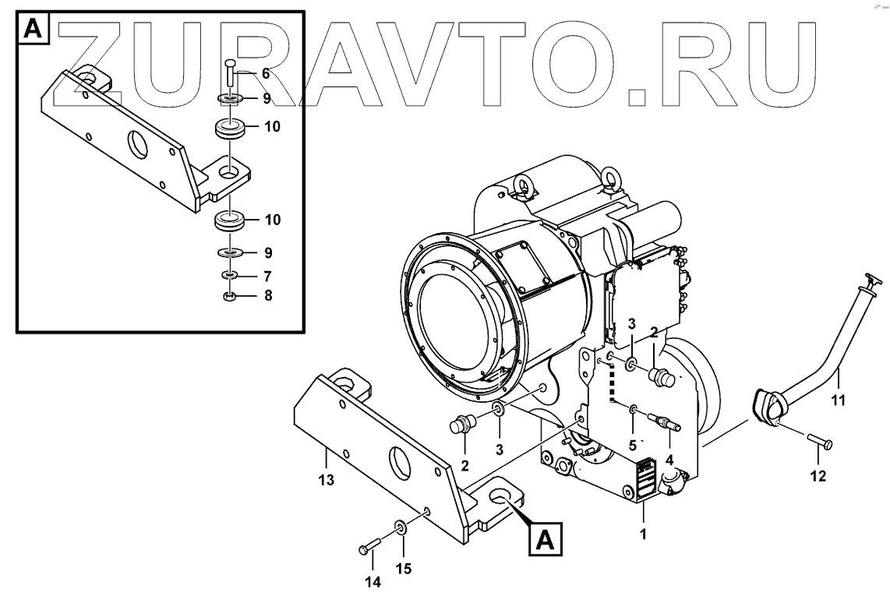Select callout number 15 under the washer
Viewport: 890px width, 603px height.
point(402,569)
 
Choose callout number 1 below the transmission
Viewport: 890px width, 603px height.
point(643,535)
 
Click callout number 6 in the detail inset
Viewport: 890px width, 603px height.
point(266,74)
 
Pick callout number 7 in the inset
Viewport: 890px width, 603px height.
point(266,276)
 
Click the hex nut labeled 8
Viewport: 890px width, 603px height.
point(230,296)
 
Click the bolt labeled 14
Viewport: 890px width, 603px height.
point(369,546)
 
